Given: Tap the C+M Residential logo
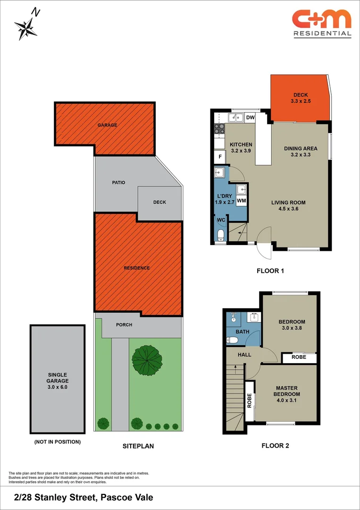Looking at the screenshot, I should coord(322,23).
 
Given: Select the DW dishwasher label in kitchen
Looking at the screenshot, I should coord(250,118).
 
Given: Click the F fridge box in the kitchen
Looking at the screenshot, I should coord(219,157).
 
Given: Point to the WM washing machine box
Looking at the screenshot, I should coord(242,201).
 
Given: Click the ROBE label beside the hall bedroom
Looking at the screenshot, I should coord(299,357).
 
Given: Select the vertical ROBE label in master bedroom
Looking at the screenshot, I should coord(250,401).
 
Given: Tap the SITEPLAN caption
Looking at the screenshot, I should coord(138,446).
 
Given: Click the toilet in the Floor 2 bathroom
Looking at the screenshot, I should coord(233,340).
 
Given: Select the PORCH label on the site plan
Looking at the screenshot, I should coord(124,325).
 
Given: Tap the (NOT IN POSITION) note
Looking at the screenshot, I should coord(57,442).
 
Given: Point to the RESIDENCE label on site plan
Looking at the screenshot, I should coord(137,268).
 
